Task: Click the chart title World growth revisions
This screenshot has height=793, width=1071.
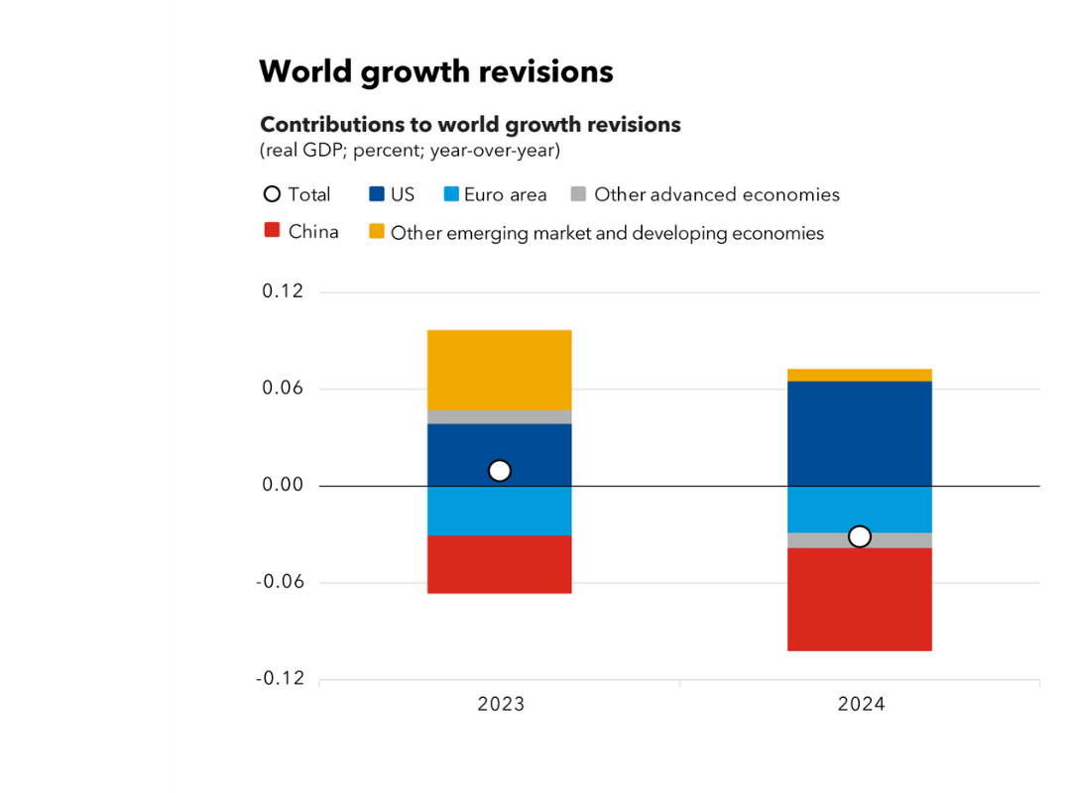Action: (x=436, y=72)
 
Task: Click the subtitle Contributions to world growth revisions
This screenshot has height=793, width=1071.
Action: (x=470, y=125)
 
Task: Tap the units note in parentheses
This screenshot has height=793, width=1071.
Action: (x=410, y=151)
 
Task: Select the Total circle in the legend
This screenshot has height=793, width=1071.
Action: (x=272, y=194)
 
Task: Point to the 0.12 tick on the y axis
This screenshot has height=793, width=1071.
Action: (x=283, y=292)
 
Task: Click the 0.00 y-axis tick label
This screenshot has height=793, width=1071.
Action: (x=283, y=486)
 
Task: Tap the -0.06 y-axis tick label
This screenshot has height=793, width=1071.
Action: (x=280, y=583)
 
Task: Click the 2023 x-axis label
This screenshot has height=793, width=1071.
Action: (x=501, y=705)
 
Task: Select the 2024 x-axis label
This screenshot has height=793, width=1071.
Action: (x=861, y=705)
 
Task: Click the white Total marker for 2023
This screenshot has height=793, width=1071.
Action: (x=500, y=471)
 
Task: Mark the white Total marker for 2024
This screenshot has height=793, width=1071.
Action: (x=860, y=536)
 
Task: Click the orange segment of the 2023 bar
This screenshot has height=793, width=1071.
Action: (x=500, y=369)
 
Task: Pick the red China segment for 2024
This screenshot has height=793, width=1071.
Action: (x=860, y=599)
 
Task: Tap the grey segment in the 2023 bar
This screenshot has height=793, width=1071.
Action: (x=500, y=416)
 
